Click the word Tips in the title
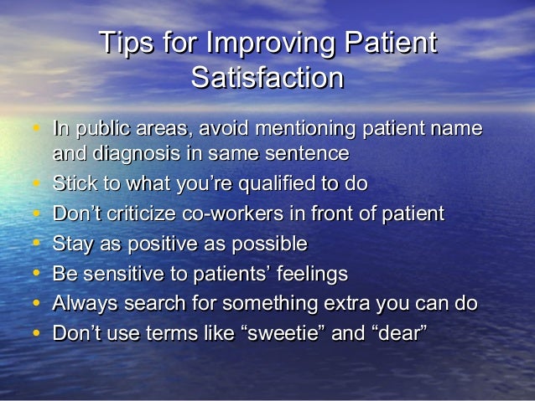tap(125, 44)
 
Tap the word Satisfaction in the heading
tap(267, 78)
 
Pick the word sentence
tap(307, 153)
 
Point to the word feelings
tap(305, 274)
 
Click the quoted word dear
tap(398, 333)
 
